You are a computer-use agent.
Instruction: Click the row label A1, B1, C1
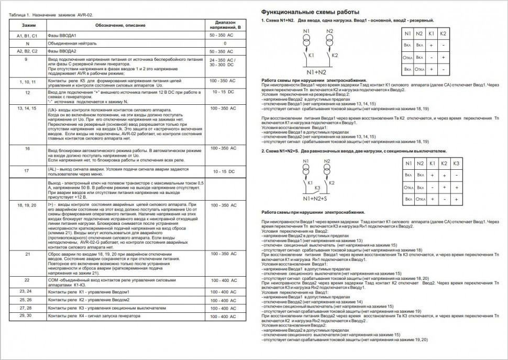pyautogui.click(x=27, y=35)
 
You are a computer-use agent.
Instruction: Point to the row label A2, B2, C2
pyautogui.click(x=27, y=51)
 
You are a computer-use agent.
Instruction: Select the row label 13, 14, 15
pyautogui.click(x=27, y=108)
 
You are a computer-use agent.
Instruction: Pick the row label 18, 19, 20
pyautogui.click(x=27, y=205)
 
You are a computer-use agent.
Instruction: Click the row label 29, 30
pyautogui.click(x=26, y=317)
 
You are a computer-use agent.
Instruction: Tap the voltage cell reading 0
pyautogui.click(x=225, y=43)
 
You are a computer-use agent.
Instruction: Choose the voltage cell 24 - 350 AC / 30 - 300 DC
pyautogui.click(x=225, y=63)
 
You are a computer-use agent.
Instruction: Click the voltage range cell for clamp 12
pyautogui.click(x=225, y=92)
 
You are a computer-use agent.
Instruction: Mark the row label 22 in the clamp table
pyautogui.click(x=27, y=280)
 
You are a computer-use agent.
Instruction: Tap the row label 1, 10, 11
pyautogui.click(x=27, y=82)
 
